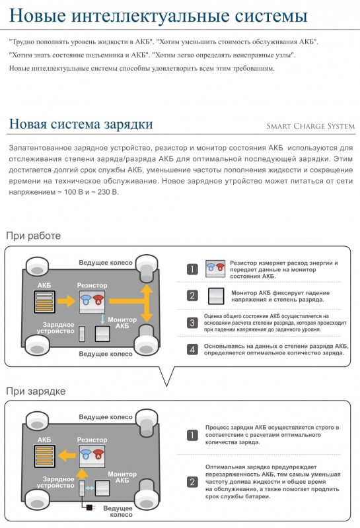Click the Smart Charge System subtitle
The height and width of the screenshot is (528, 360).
310,126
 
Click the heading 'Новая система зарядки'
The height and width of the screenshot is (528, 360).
81,124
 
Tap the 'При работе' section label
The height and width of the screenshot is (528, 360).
34,236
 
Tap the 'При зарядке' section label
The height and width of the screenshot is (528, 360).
36,391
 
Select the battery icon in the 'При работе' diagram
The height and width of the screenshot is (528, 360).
44,302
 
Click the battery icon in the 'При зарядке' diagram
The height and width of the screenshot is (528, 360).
44,456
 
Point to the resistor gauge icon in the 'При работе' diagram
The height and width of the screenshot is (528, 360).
92,302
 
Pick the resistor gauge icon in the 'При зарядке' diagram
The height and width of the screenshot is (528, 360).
92,456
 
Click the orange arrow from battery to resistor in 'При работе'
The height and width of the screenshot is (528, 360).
67,301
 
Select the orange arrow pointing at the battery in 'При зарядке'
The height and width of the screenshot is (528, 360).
67,455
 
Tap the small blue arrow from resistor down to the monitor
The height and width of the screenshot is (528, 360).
102,319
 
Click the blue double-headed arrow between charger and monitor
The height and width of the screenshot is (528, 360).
90,488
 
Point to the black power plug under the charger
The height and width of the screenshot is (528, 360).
90,507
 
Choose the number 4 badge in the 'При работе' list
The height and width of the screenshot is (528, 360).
192,349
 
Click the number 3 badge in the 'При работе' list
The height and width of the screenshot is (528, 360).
192,323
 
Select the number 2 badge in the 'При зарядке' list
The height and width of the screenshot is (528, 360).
192,482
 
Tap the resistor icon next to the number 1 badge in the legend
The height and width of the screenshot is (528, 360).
215,269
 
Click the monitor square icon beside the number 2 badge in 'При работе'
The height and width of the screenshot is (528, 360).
216,296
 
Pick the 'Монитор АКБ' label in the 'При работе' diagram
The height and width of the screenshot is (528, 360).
122,323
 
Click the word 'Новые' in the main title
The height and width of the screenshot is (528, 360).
38,15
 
